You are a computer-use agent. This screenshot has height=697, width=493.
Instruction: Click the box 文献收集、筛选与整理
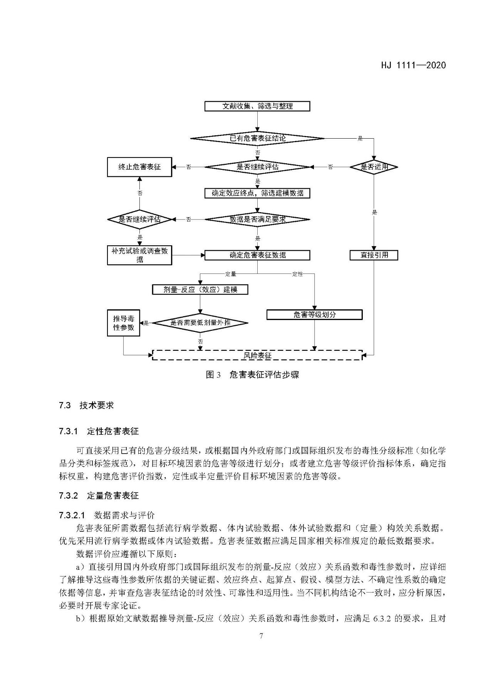pos(257,106)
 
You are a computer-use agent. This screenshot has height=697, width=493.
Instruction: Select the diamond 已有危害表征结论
pos(257,138)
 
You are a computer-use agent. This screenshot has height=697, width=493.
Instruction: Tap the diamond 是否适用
pos(374,167)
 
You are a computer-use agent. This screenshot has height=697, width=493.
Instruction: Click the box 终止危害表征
pos(139,167)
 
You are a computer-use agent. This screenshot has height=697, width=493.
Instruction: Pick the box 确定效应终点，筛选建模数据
pos(257,193)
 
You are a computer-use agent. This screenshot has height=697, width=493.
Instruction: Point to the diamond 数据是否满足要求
pos(257,219)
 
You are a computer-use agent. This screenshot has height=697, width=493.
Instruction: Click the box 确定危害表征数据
pos(257,255)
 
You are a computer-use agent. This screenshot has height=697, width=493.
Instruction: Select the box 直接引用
pos(374,255)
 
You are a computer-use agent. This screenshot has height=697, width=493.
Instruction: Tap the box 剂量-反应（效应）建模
pos(200,290)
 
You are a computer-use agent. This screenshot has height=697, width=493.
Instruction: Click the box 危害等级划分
pos(314,315)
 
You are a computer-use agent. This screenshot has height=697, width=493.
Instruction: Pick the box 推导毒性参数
pos(123,323)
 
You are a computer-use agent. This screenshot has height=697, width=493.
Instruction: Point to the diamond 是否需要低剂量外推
pos(200,323)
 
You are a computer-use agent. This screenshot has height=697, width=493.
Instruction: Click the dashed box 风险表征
pos(257,355)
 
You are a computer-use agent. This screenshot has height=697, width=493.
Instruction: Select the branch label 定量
pos(230,274)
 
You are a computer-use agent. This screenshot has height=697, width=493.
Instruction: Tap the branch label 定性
pos(297,274)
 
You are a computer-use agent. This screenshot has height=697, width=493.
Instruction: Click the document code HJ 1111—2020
pos(413,65)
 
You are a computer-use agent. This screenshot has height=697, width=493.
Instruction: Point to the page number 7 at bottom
pos(261,636)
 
